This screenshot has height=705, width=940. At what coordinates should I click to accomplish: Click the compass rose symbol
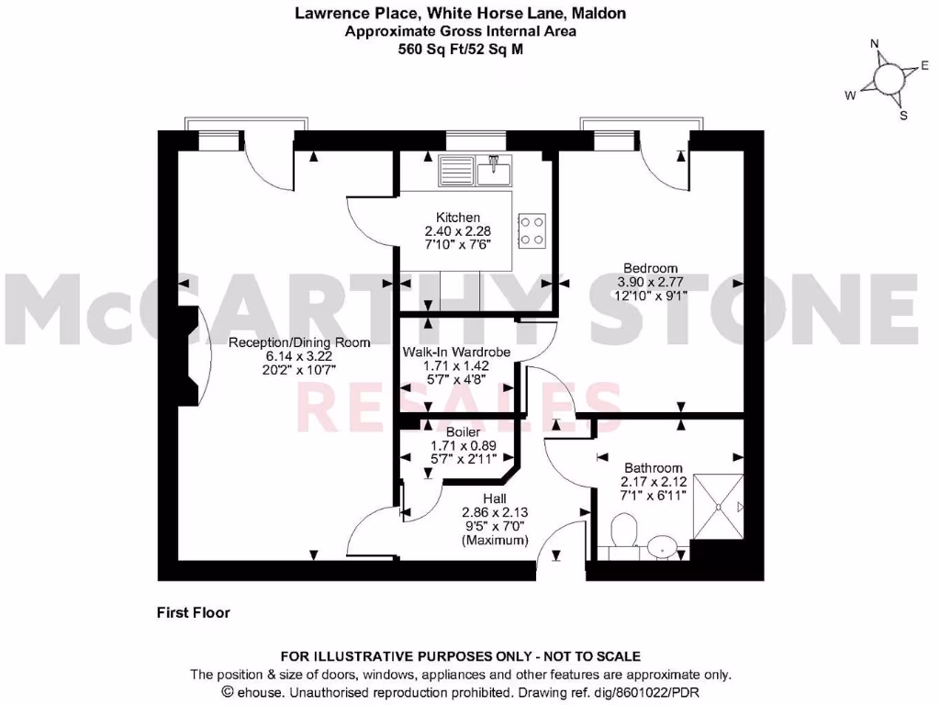tap(888, 80)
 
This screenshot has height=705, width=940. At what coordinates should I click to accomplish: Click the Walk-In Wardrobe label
tap(456, 352)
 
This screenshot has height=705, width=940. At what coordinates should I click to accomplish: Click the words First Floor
tap(193, 612)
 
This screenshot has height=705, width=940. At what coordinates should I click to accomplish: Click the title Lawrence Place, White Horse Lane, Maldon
tap(460, 13)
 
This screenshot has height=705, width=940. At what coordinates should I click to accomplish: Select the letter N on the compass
tap(875, 43)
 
